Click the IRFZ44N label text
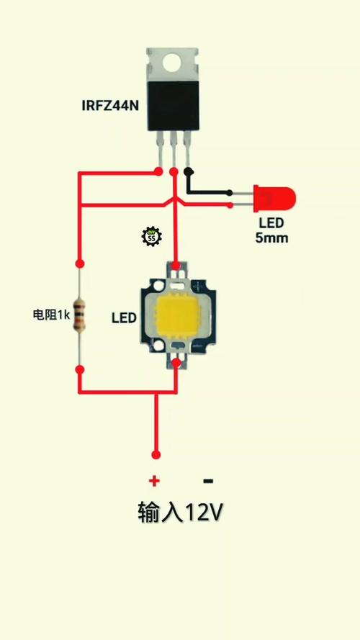pos(110,106)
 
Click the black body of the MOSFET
pos(174,105)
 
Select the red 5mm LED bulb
pos(274,199)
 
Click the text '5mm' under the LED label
pos(272,238)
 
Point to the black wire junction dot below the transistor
pos(188,171)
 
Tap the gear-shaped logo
pos(152,236)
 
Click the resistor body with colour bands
pos(80,315)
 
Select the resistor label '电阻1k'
pos(52,315)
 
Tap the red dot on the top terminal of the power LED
pos(176,266)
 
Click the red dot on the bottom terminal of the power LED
pos(176,363)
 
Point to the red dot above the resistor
pos(80,263)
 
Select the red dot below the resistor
pos(80,370)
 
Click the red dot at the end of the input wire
pos(156,455)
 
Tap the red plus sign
pos(154,481)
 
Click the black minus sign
pos(208,481)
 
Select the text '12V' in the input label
pos(204,513)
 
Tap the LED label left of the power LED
pos(124,318)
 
